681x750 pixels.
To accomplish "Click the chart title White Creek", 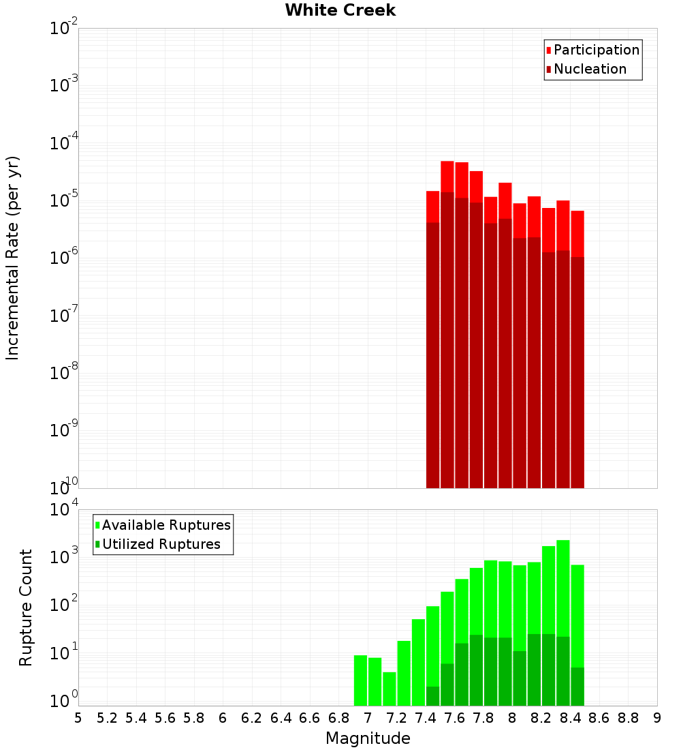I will click(340, 10).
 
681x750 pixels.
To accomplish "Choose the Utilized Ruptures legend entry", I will click(161, 544).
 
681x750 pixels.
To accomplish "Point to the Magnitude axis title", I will click(368, 738).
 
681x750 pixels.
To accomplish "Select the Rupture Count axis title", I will click(26, 607).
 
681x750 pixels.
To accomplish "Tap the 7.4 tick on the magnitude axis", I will click(426, 718).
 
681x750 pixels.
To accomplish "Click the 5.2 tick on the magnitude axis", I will click(107, 718).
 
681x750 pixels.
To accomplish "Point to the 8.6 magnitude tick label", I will click(599, 718).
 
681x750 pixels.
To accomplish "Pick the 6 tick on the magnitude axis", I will click(223, 718).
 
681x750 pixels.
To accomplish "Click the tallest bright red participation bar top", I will click(447, 162).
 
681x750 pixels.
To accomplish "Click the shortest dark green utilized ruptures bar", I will click(432, 695).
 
